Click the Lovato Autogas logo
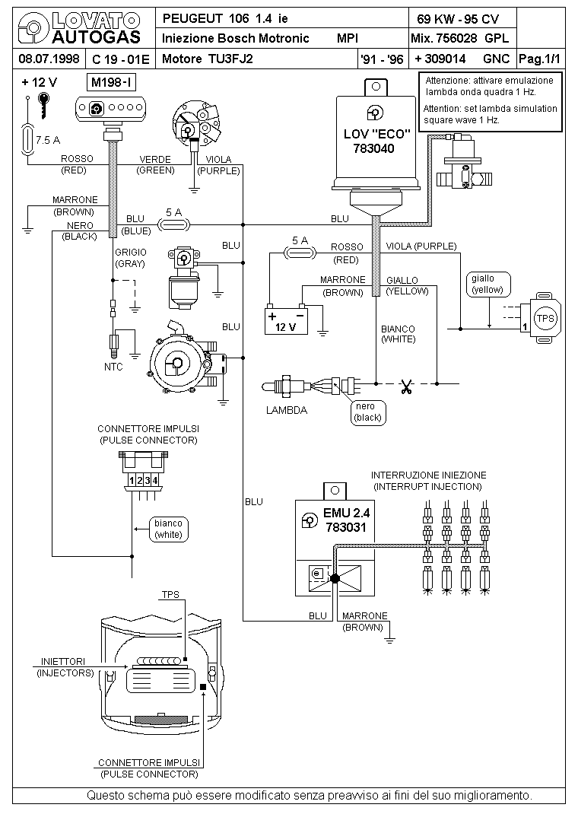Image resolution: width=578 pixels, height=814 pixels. coord(79,29)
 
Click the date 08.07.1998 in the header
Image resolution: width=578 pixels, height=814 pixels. coord(49,59)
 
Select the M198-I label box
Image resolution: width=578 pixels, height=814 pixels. coord(112,83)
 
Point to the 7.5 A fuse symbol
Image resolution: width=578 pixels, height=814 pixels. coord(27,140)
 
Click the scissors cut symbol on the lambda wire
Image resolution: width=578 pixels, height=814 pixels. coord(407,386)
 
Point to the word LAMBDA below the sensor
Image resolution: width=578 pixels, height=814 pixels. coord(287,410)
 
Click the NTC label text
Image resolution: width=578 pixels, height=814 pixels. coord(113,367)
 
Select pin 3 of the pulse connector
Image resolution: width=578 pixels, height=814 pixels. coord(148,481)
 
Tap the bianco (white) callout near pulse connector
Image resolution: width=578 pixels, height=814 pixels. coord(168,529)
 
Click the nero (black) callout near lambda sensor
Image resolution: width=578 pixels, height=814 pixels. coord(368,412)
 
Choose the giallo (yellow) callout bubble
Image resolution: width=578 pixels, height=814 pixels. coord(488,285)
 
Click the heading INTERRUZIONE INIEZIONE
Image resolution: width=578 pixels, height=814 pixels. coord(429,475)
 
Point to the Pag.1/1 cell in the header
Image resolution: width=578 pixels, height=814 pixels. coord(540,59)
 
